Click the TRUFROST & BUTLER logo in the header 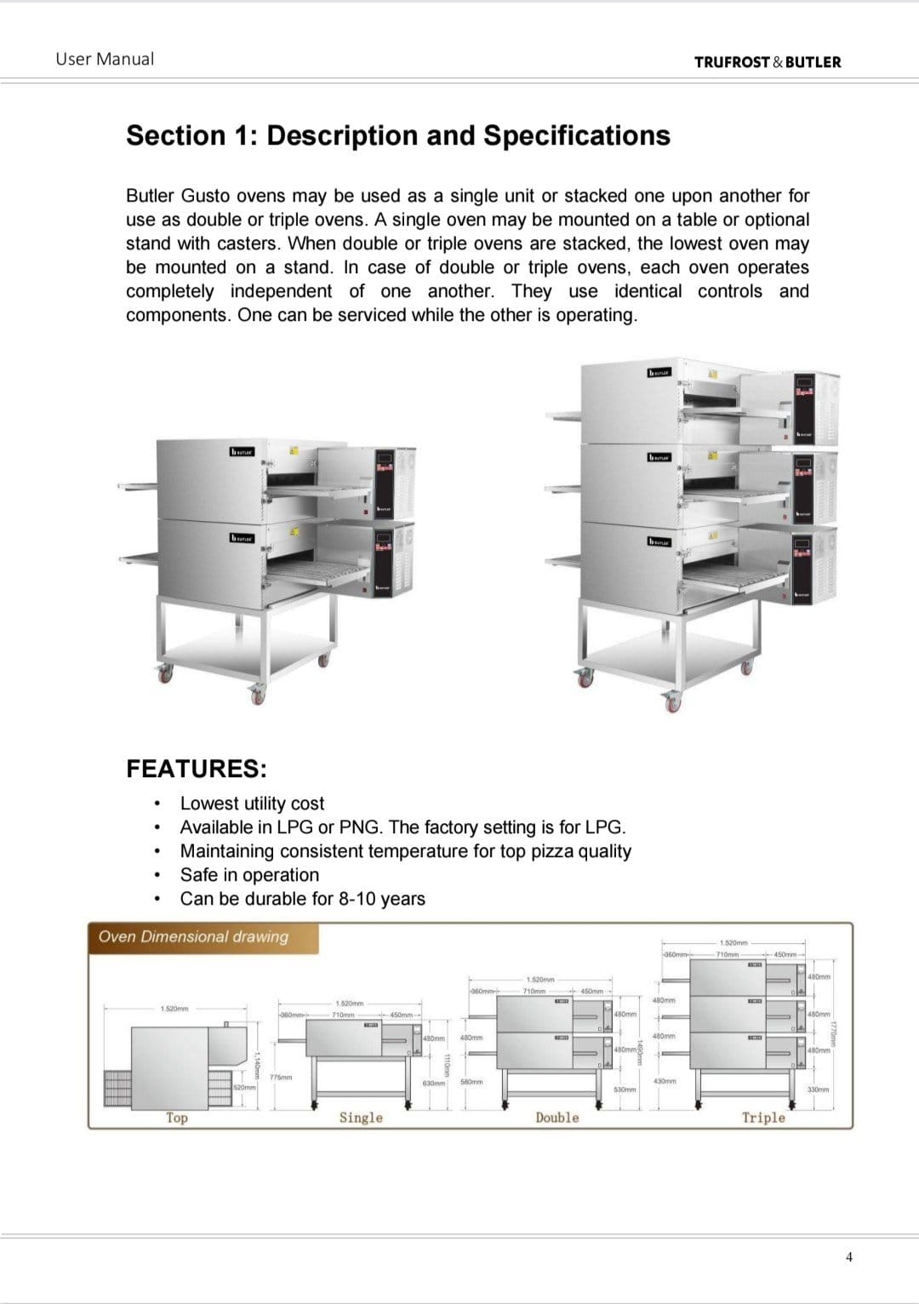coord(767,62)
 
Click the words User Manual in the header coord(105,60)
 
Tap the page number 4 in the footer coord(848,1257)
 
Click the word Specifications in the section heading coord(577,136)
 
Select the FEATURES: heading coord(197,769)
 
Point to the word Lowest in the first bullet coord(208,804)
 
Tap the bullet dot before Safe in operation coord(157,875)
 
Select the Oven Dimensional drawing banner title coord(193,937)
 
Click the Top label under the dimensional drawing coord(177,1118)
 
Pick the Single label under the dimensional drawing coord(361,1118)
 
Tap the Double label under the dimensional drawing coord(557,1118)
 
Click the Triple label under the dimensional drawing coord(763,1118)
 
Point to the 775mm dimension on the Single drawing coord(281,1077)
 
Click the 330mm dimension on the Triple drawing coord(818,1090)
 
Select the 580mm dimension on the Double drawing coord(471,1082)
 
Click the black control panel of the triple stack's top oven coord(804,409)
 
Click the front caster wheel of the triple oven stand coord(673,703)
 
